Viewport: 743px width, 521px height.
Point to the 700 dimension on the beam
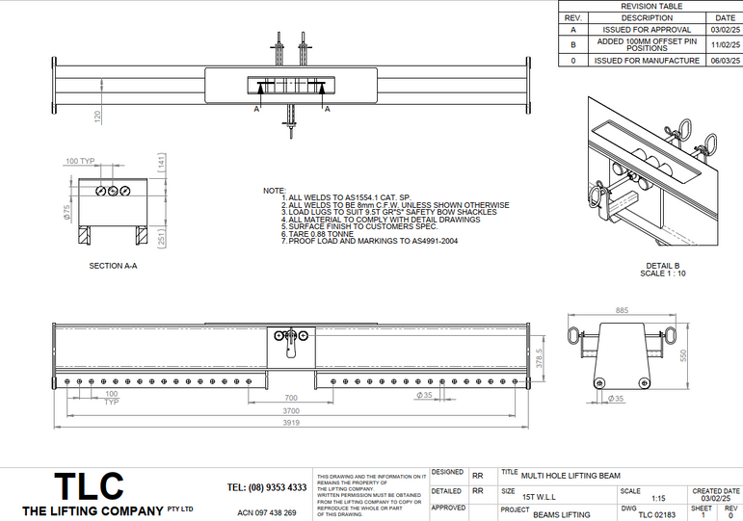click(x=290, y=397)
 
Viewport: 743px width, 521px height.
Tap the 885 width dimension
click(x=622, y=310)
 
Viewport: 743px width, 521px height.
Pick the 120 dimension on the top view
click(x=97, y=116)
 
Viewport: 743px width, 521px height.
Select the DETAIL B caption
click(x=663, y=266)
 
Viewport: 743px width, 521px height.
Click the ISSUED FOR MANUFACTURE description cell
click(x=646, y=60)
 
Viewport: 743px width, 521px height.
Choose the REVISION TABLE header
click(x=650, y=6)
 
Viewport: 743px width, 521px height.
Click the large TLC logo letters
click(x=88, y=485)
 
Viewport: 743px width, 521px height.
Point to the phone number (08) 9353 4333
click(x=267, y=487)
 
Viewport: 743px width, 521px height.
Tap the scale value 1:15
click(x=659, y=498)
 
